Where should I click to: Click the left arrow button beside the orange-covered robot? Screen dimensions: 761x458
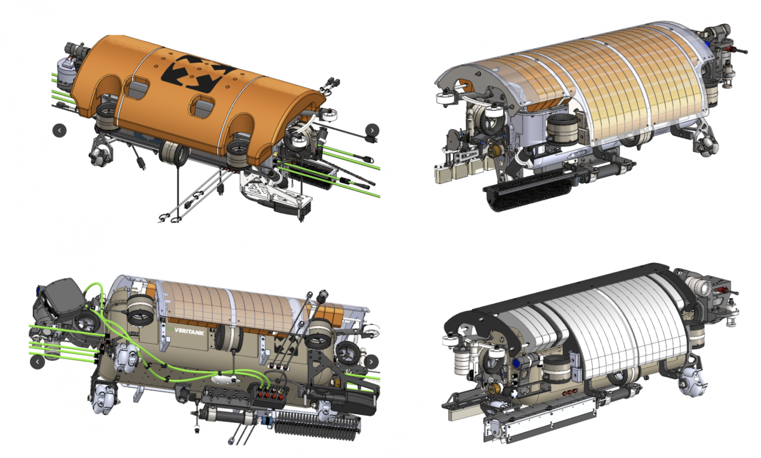59,130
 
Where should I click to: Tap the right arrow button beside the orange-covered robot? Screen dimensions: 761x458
372,130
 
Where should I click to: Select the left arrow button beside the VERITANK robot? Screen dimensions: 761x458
37,362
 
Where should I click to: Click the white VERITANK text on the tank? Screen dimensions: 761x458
189,331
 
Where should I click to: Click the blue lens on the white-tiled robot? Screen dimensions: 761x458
517,363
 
